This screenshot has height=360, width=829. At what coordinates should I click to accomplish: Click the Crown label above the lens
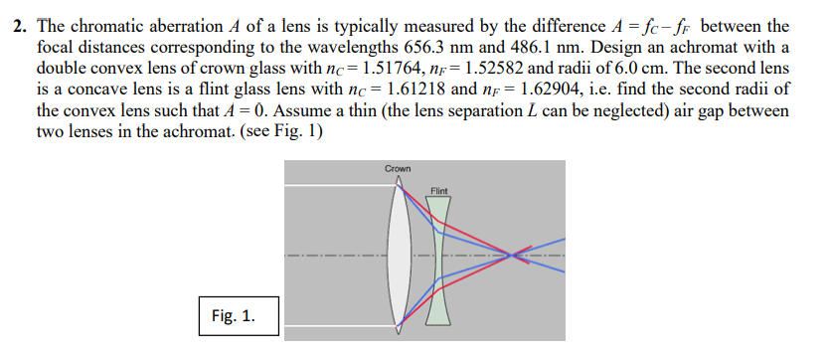coord(397,169)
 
